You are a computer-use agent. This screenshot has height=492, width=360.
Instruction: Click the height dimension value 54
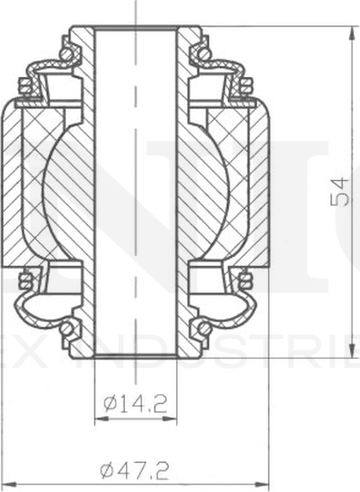pos(340,191)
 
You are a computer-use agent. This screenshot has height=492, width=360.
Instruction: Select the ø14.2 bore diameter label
pos(135,405)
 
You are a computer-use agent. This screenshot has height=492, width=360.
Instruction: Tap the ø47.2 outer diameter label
pos(135,471)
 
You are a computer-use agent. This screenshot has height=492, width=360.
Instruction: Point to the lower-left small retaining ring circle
pos(70,326)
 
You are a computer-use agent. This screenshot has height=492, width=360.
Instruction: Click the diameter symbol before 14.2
pos(110,405)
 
